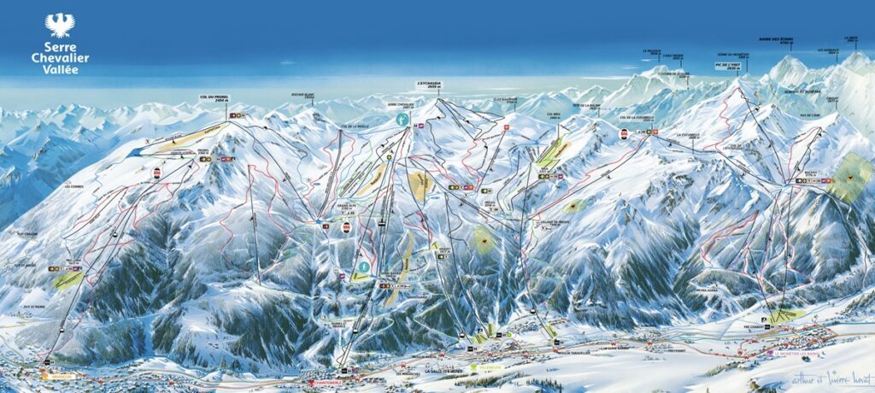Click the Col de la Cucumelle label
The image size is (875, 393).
pos(637,117)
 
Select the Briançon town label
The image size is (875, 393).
pos(50,375)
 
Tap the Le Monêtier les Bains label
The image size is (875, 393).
pos(802,352)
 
